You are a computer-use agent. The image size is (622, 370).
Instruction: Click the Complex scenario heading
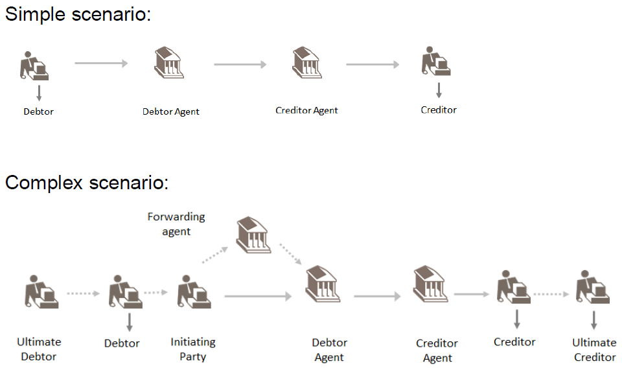point(87,183)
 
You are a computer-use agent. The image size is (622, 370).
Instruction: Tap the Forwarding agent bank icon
point(253,235)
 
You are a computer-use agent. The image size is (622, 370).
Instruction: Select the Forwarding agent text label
point(176,224)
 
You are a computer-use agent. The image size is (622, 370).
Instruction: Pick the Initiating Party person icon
point(194,292)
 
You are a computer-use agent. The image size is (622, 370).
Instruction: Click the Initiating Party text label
point(193,349)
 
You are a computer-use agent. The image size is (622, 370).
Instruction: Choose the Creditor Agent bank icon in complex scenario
point(430,283)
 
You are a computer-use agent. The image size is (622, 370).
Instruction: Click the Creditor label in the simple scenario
point(439,110)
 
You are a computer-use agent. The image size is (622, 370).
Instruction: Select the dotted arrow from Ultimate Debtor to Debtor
point(82,293)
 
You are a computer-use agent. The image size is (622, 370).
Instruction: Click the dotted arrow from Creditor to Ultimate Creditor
point(551,294)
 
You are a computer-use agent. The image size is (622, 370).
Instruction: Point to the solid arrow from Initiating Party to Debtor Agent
point(258,297)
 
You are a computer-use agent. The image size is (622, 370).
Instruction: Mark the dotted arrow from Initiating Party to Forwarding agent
point(216,255)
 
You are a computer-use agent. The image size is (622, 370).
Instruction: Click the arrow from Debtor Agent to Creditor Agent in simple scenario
point(240,64)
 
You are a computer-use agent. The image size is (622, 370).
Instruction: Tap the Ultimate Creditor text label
point(594,350)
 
